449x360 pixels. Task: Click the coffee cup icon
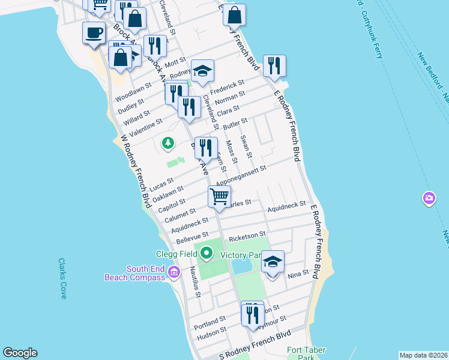click(x=94, y=32)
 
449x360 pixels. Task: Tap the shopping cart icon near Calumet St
click(x=220, y=196)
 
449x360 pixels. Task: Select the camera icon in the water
click(x=429, y=198)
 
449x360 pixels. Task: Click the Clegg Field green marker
click(x=207, y=253)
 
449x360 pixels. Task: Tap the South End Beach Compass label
click(x=134, y=273)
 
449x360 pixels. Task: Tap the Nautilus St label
click(x=194, y=282)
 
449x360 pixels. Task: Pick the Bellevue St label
click(x=191, y=238)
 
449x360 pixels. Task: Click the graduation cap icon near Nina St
click(x=273, y=262)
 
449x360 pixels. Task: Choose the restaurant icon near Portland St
click(x=252, y=313)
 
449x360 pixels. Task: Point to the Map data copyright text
click(x=423, y=355)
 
